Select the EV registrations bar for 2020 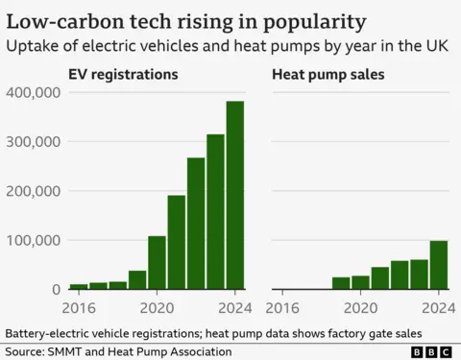[x=157, y=262]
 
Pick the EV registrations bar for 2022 [x=196, y=223]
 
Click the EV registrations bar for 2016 [x=79, y=286]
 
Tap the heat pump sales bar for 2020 [x=360, y=282]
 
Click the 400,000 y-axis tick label [x=34, y=92]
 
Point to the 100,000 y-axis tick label [x=34, y=240]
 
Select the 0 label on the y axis [x=57, y=289]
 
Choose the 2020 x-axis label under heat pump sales [x=360, y=308]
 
